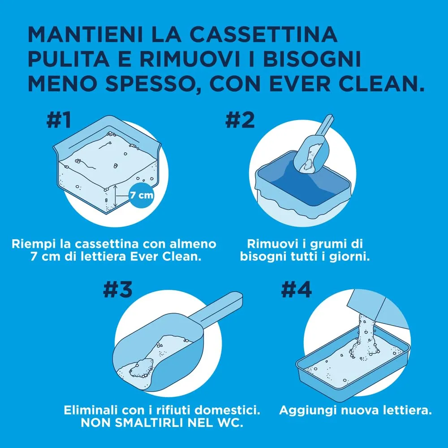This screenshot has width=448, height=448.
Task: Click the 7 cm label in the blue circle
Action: pyautogui.click(x=140, y=196)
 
